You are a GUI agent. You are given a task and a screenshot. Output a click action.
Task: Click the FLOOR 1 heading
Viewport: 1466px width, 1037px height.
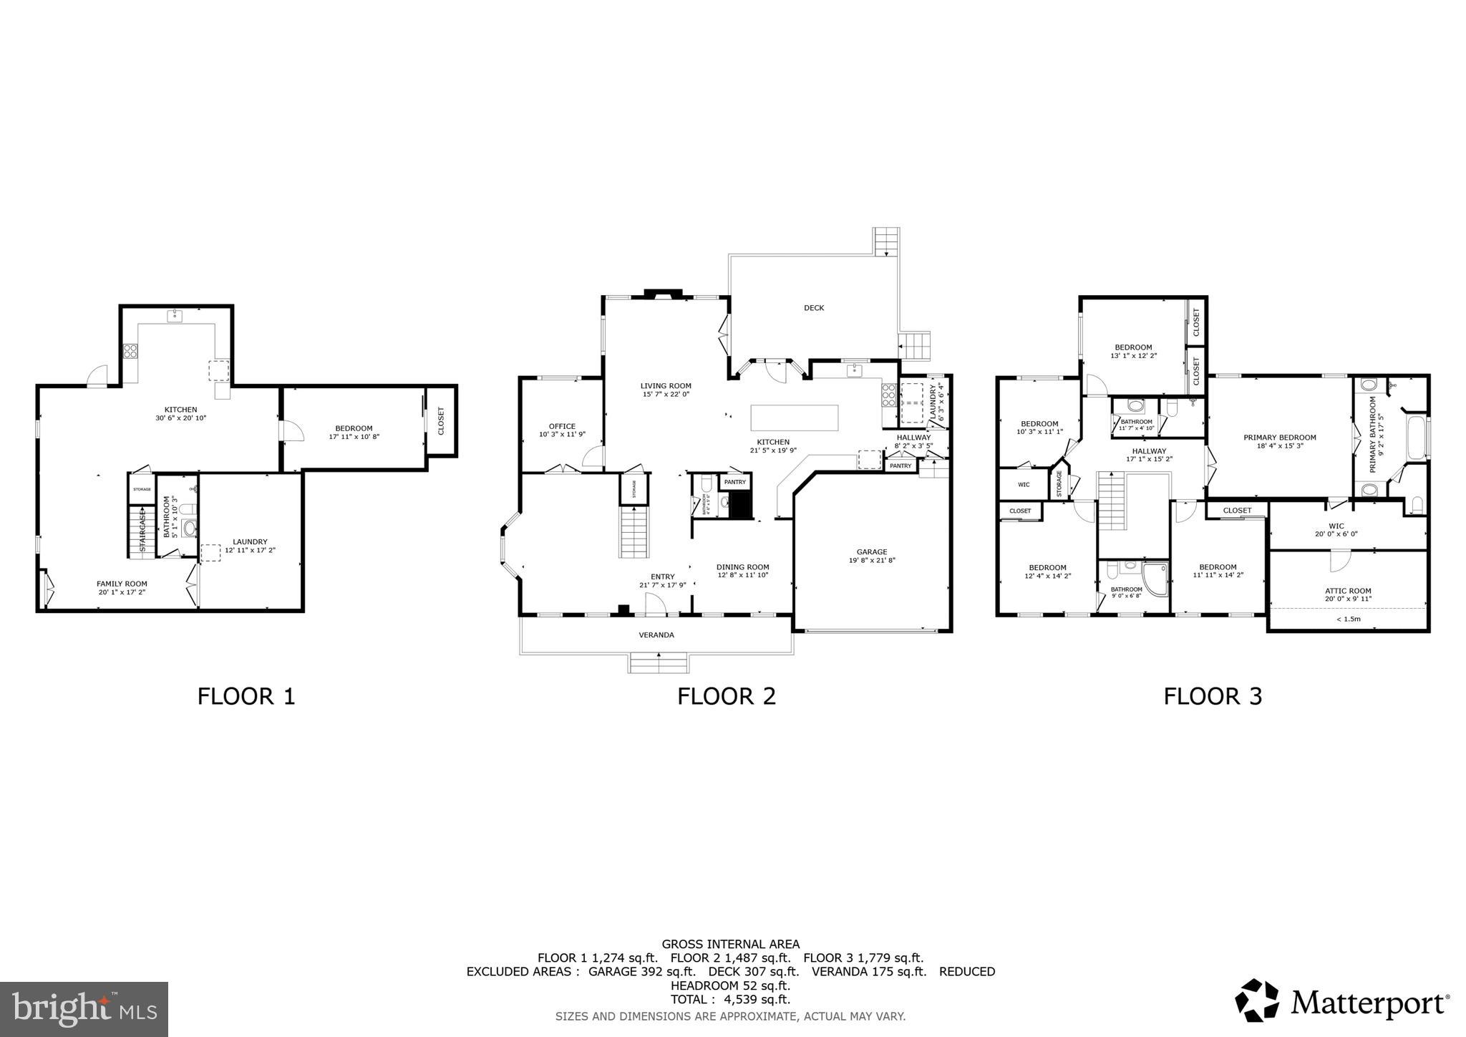246,696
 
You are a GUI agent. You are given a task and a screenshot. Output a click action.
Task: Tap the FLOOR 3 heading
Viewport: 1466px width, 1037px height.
1213,696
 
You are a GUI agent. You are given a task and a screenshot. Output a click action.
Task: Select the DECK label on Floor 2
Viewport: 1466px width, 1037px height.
814,308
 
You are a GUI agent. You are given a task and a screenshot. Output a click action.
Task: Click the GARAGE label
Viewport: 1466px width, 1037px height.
872,552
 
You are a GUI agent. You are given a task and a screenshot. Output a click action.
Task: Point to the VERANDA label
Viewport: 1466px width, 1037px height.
656,635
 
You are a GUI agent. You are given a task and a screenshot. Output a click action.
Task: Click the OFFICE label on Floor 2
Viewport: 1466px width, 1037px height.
562,426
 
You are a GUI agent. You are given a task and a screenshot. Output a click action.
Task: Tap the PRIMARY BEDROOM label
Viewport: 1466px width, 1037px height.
1280,438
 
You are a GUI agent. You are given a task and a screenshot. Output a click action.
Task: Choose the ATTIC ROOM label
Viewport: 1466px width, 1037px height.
1348,591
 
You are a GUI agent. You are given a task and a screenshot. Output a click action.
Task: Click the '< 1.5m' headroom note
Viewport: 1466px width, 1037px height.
1348,619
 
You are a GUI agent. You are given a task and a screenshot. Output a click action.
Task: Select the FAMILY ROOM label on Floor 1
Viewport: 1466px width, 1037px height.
122,584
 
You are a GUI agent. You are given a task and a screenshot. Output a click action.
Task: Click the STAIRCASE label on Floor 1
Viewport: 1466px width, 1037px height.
142,531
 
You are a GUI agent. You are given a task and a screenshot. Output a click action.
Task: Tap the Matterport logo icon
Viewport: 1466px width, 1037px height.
1257,1000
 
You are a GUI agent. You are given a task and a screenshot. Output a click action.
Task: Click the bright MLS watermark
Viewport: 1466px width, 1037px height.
84,1009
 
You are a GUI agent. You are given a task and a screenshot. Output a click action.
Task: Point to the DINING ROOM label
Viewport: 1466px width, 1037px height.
743,567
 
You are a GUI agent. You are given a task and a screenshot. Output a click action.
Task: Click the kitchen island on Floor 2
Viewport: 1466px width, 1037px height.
794,418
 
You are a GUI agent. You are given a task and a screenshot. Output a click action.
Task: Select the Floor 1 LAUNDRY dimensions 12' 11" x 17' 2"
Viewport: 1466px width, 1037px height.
250,551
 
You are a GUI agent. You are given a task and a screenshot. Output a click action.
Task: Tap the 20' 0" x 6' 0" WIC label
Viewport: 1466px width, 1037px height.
1336,534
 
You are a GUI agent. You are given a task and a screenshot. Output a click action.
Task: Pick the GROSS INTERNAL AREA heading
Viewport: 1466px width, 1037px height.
730,945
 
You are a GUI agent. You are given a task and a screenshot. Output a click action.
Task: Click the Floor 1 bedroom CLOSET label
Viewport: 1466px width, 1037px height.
441,420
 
